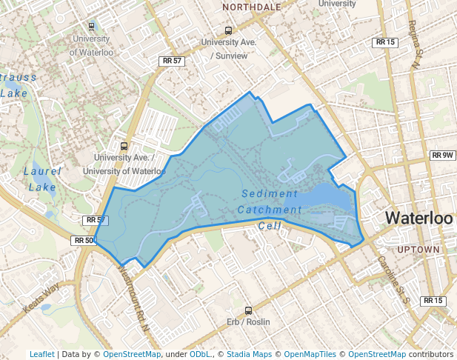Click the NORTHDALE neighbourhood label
252,7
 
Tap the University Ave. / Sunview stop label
229,49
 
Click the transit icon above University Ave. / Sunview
228,31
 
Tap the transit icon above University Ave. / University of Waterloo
124,146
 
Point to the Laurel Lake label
42,179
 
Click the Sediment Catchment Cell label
270,210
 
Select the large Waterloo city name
418,219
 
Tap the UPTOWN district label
418,250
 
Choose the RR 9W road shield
442,156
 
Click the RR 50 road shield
84,241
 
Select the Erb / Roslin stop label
248,322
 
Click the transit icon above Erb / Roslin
248,310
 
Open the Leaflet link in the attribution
41,354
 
